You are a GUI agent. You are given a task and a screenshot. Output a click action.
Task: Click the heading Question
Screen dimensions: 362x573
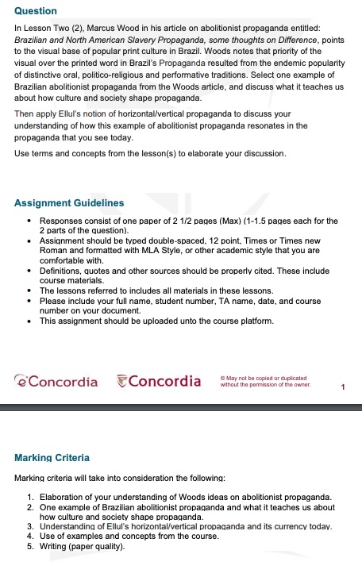pyautogui.click(x=36, y=11)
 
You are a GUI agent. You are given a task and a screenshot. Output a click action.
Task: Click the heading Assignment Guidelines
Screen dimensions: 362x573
pyautogui.click(x=70, y=203)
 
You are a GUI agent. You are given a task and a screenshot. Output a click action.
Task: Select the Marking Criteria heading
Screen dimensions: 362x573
pyautogui.click(x=52, y=458)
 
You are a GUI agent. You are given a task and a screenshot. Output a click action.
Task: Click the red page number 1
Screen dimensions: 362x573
pyautogui.click(x=342, y=386)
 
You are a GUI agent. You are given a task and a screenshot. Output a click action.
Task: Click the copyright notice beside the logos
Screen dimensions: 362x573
pyautogui.click(x=264, y=382)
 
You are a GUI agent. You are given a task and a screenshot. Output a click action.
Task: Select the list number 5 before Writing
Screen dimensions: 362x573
pyautogui.click(x=29, y=546)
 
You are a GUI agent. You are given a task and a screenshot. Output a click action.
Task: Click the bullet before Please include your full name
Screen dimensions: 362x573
pyautogui.click(x=29, y=302)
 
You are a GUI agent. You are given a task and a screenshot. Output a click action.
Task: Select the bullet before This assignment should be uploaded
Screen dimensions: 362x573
pyautogui.click(x=29, y=321)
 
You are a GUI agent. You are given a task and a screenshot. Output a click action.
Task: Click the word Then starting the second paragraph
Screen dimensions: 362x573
pyautogui.click(x=24, y=114)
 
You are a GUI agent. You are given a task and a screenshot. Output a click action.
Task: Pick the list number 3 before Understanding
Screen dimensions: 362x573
pyautogui.click(x=29, y=526)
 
